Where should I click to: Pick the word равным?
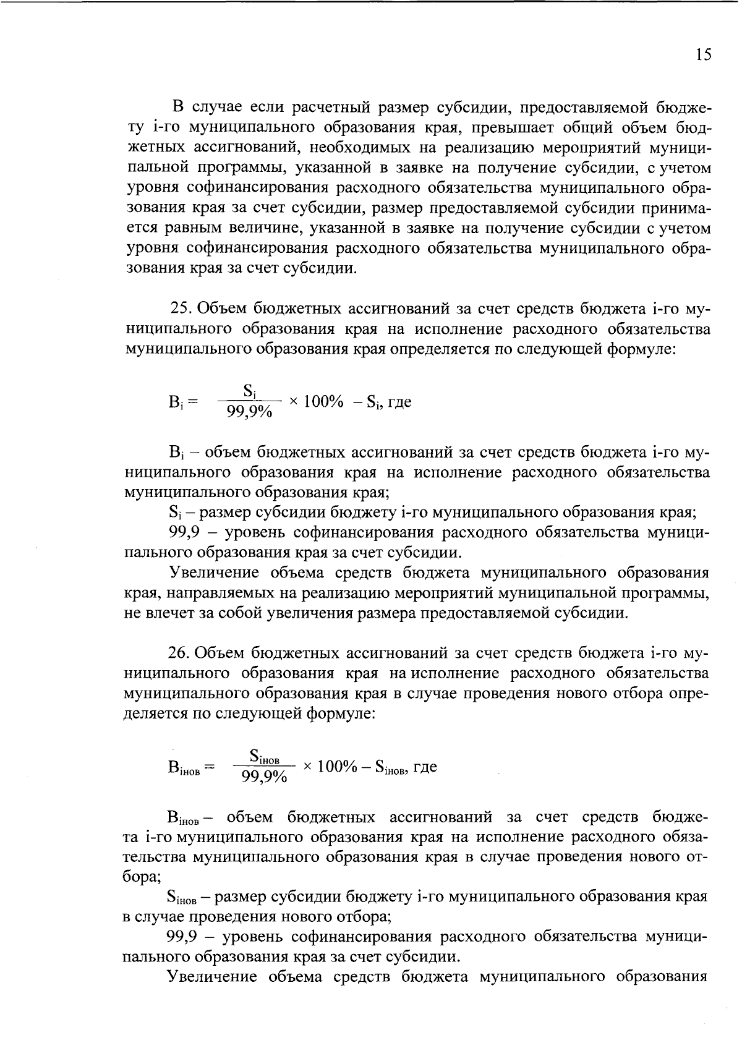coord(198,228)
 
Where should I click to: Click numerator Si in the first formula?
coord(250,391)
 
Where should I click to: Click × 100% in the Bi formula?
coord(316,401)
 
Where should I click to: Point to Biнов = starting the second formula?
coord(190,768)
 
